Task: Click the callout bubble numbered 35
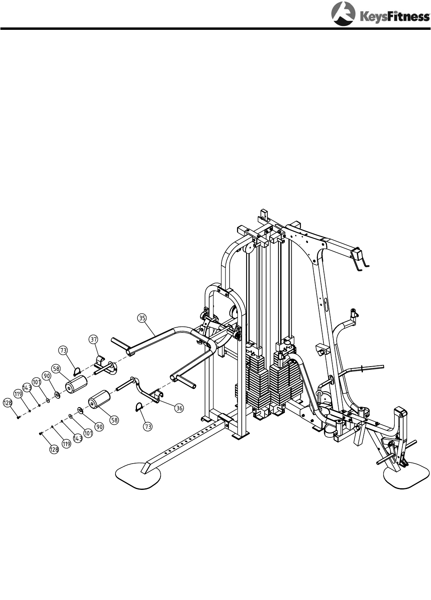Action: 142,318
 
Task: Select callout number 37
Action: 93,340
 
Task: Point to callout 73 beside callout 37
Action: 64,350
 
